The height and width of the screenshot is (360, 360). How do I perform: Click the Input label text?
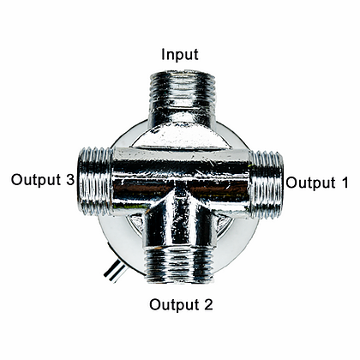point(180,55)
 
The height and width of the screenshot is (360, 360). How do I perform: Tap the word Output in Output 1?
point(310,183)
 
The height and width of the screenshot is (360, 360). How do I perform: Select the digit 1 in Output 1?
point(345,183)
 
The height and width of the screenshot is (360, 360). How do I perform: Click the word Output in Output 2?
point(174,304)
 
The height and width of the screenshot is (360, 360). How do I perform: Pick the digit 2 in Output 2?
point(208,304)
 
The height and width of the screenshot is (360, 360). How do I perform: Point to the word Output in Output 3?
point(36,180)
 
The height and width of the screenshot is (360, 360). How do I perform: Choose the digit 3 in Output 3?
point(70,180)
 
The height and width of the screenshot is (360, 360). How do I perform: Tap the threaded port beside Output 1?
point(266,184)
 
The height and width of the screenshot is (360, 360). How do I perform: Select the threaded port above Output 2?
point(179,264)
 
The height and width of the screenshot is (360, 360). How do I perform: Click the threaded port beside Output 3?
point(95,182)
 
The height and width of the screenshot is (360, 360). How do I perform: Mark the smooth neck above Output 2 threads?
point(179,229)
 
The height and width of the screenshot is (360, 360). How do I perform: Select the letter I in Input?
point(163,54)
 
